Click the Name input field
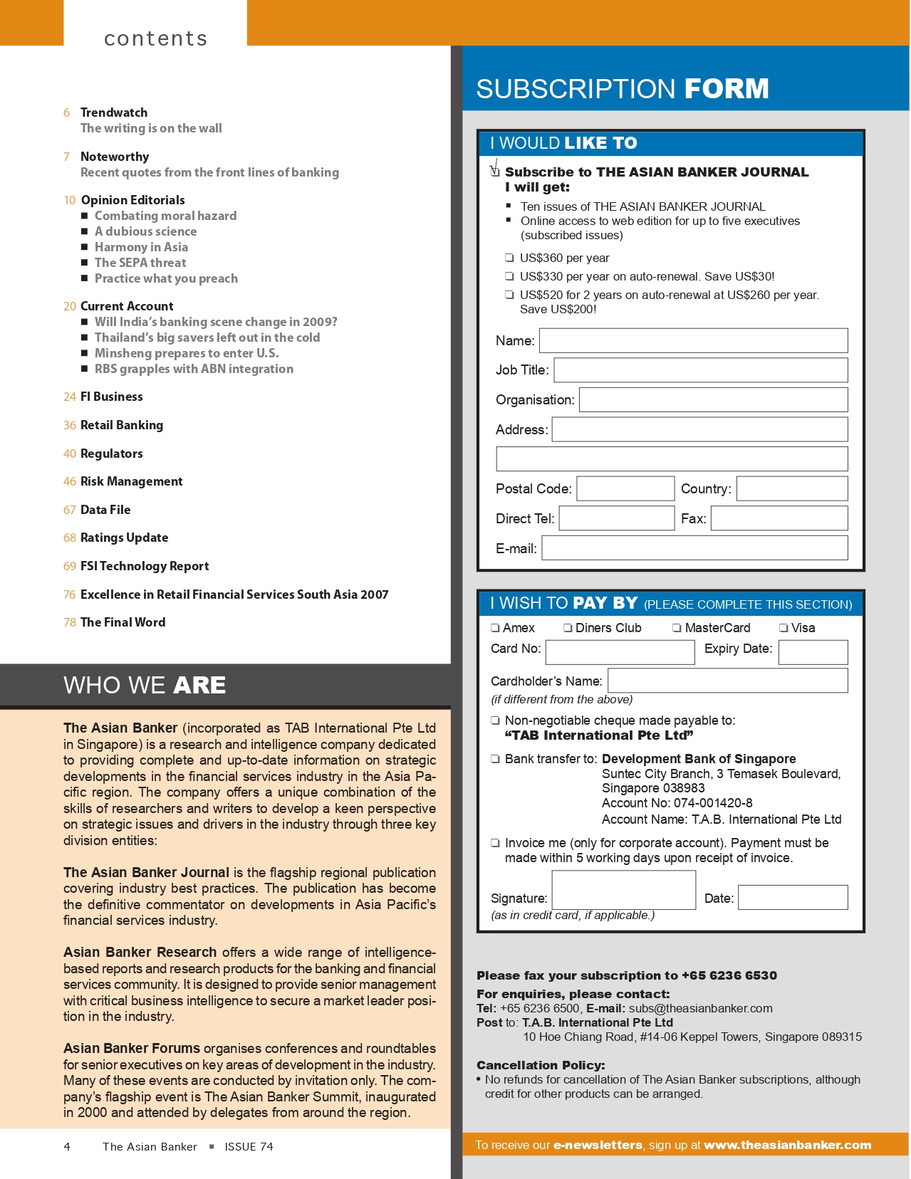(693, 340)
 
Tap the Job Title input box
(701, 370)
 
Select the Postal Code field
(625, 488)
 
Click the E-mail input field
(694, 548)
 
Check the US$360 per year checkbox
(510, 258)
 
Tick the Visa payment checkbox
(784, 628)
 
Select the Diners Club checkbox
(568, 628)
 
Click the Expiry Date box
(813, 652)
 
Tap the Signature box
(623, 890)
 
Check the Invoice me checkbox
(495, 843)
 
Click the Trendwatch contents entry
(114, 112)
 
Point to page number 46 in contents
(69, 482)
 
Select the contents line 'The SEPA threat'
(140, 263)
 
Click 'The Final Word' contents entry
(123, 622)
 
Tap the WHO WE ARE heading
(145, 685)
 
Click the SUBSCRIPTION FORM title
(622, 89)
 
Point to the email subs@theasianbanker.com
(700, 1008)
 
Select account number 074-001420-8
(713, 803)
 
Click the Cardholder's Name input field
(727, 681)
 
